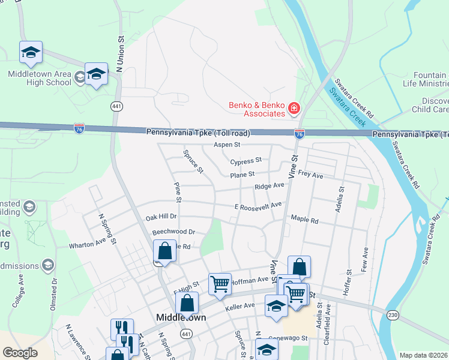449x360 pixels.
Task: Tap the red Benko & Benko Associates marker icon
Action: (294, 109)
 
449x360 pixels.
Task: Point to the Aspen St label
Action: (227, 145)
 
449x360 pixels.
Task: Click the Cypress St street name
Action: (246, 161)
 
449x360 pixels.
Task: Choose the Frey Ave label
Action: (310, 176)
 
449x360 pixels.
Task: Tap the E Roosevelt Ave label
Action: (258, 206)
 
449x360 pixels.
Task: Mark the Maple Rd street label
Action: (304, 220)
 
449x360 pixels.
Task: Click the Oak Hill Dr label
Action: (161, 217)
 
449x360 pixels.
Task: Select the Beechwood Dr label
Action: (174, 232)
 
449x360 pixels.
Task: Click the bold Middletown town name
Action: (181, 317)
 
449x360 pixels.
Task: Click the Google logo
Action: (20, 353)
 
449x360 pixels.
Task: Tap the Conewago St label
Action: (288, 338)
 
